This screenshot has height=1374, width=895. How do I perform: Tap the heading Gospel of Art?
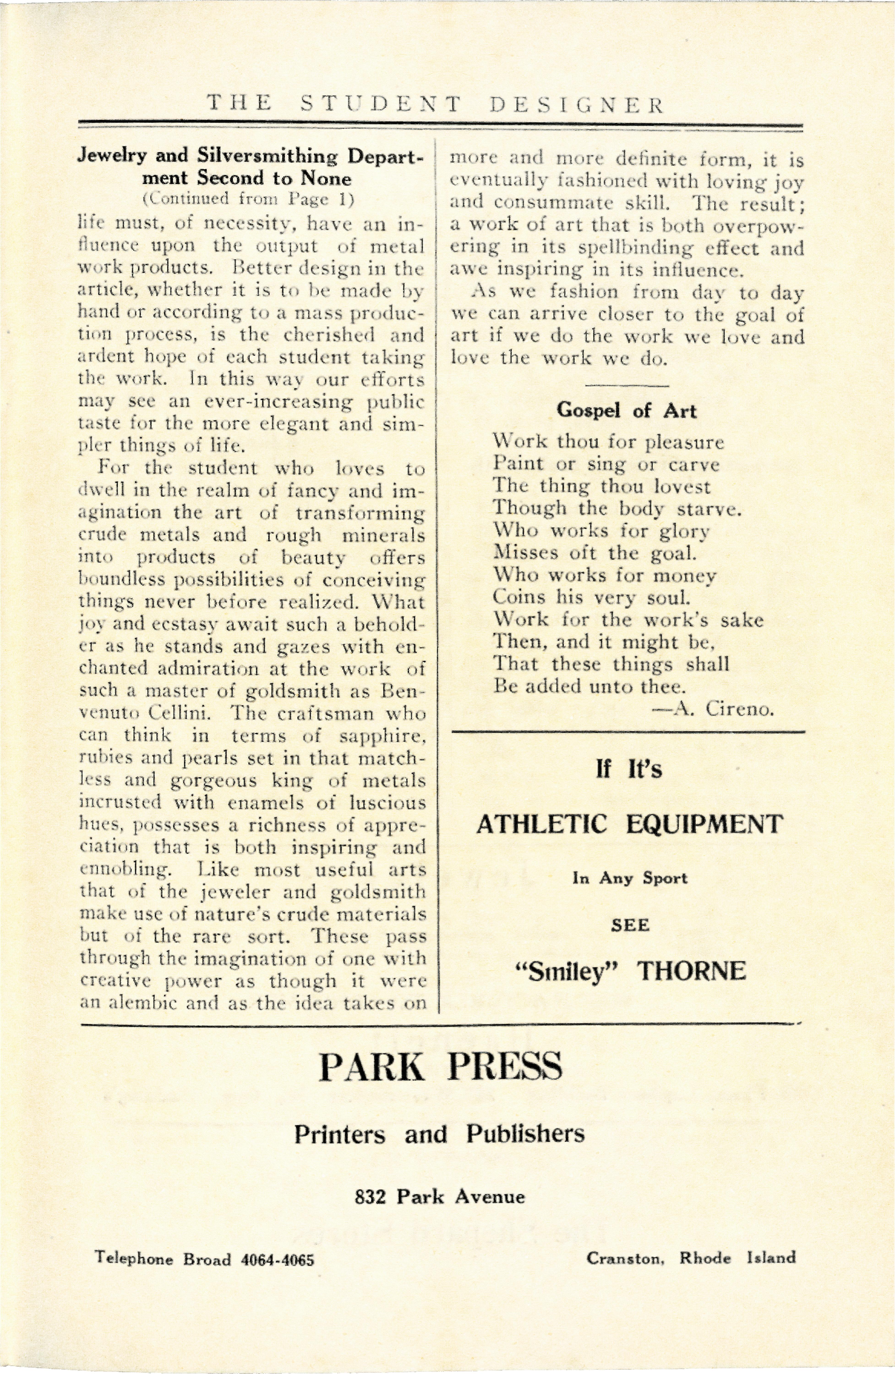click(627, 410)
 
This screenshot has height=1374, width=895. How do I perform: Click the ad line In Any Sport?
click(630, 879)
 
